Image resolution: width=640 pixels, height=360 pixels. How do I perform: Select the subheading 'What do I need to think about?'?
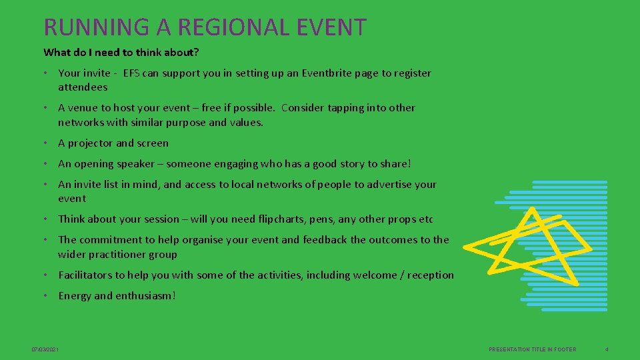tap(121, 52)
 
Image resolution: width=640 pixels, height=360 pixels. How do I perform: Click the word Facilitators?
tap(85, 275)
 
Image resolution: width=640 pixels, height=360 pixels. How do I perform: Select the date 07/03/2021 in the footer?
tap(45, 349)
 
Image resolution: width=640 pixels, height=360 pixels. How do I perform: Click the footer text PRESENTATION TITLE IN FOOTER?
tap(532, 349)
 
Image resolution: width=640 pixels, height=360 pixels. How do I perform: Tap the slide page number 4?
tap(607, 349)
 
